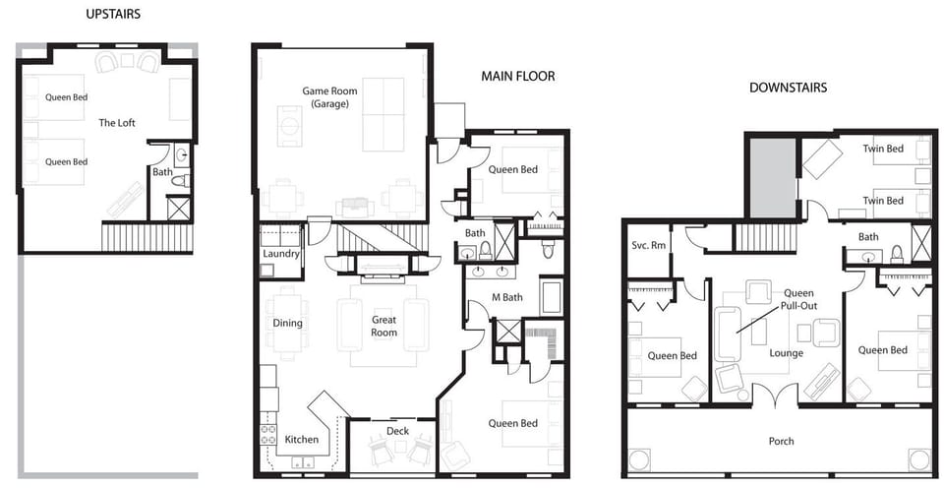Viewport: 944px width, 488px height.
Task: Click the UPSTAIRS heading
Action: (x=112, y=15)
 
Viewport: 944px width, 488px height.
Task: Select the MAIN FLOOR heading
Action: (x=517, y=77)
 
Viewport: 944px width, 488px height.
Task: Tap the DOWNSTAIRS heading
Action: (x=788, y=88)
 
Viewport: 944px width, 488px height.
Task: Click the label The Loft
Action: (x=117, y=123)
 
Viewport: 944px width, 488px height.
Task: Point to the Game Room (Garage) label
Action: (x=330, y=97)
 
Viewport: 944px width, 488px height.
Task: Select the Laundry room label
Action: (x=281, y=253)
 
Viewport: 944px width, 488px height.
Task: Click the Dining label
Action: (x=288, y=324)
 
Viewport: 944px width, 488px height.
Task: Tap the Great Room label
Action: (x=384, y=327)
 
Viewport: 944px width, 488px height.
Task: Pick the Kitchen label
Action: (x=301, y=440)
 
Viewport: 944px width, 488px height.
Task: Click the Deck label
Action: (x=397, y=431)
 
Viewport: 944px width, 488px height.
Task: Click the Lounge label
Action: (x=787, y=353)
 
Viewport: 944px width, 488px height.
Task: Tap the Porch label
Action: (x=781, y=441)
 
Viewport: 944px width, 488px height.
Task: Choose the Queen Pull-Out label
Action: (x=798, y=300)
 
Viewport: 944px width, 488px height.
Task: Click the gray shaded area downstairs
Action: (x=773, y=177)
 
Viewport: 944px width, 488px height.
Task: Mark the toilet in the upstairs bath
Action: (x=180, y=180)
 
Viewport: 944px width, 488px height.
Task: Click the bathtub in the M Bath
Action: (x=551, y=297)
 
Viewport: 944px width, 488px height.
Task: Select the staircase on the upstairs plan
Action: (x=147, y=237)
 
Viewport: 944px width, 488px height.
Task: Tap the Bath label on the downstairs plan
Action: (x=868, y=237)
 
